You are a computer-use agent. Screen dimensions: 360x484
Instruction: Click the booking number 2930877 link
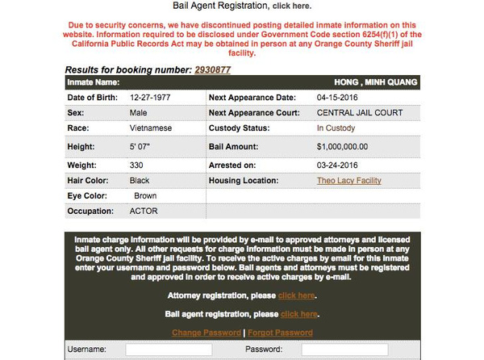click(212, 70)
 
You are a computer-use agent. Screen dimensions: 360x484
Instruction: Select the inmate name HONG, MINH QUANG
click(376, 82)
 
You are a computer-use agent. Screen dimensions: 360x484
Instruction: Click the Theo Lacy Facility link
click(349, 180)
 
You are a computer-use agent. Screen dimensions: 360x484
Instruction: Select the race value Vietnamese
click(150, 128)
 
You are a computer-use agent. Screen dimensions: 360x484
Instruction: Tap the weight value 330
click(137, 165)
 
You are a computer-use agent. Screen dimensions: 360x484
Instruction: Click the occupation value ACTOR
click(144, 211)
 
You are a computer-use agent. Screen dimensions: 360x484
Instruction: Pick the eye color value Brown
click(145, 195)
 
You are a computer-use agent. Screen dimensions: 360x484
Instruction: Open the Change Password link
click(207, 333)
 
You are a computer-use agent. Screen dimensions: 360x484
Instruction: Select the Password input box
click(333, 350)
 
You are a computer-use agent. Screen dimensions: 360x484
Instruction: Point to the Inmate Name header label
click(94, 82)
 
